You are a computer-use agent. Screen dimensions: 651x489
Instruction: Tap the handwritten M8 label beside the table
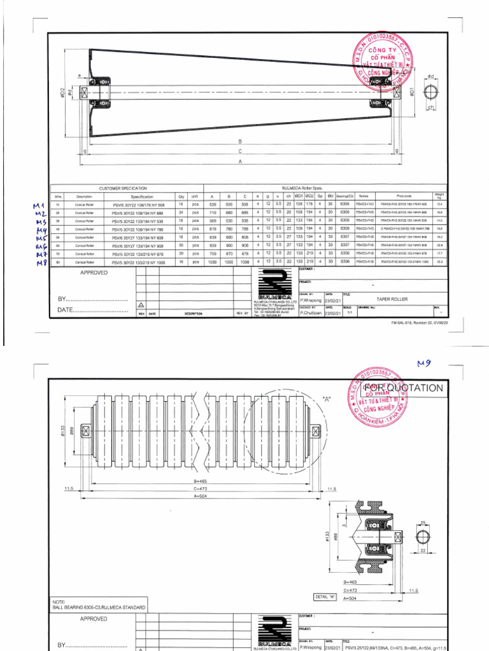(x=42, y=263)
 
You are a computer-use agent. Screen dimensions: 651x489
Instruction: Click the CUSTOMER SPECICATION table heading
(x=123, y=189)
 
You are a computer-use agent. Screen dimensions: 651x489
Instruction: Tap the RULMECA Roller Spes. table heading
(x=309, y=189)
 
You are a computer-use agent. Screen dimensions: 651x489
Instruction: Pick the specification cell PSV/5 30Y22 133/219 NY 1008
(x=138, y=261)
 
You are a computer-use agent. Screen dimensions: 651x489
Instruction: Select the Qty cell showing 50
(x=181, y=245)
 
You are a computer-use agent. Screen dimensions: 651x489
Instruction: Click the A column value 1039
(x=213, y=261)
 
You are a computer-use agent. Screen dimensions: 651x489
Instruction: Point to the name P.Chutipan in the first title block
(x=310, y=313)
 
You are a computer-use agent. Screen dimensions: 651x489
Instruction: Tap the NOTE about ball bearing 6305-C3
(x=98, y=605)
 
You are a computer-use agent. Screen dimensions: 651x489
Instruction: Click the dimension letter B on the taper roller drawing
(x=239, y=141)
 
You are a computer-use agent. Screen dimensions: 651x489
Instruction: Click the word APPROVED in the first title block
(x=94, y=272)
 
